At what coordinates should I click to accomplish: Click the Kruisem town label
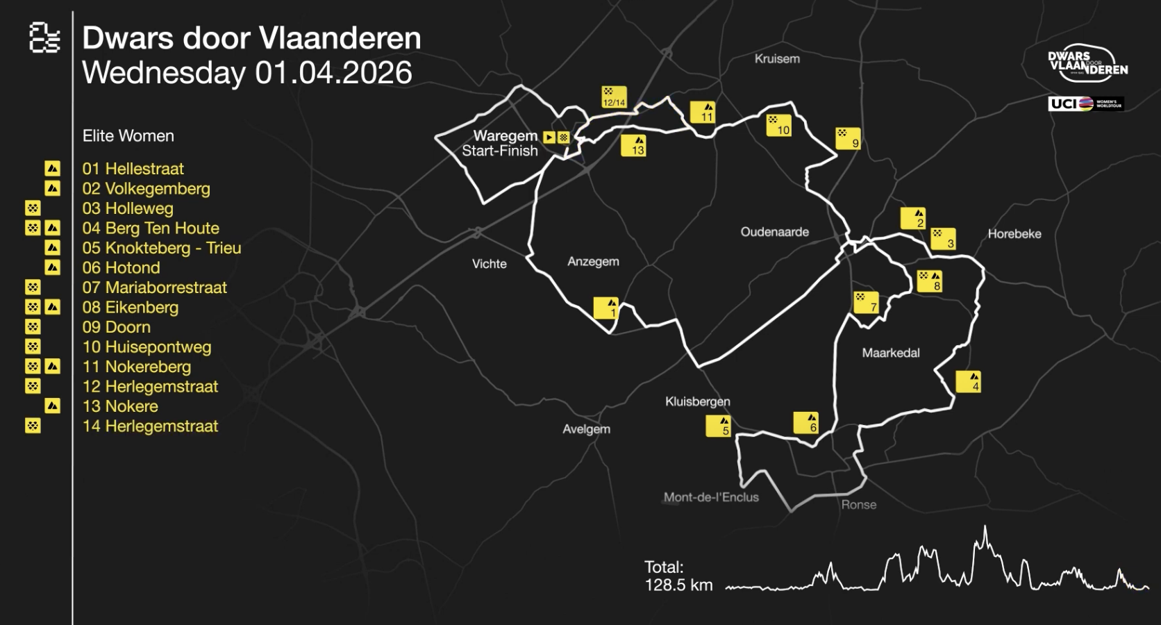pos(777,59)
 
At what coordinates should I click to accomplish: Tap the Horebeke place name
pos(1014,234)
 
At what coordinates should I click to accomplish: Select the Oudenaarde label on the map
pos(774,232)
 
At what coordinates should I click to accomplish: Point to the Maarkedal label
pos(890,353)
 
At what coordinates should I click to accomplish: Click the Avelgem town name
pos(586,429)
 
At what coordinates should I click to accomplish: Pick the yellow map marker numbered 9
pos(848,138)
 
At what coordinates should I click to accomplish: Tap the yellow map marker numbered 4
pos(968,381)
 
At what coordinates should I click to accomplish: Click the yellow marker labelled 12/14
pos(614,97)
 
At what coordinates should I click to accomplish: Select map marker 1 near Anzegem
pos(605,308)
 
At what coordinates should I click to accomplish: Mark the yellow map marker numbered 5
pos(718,426)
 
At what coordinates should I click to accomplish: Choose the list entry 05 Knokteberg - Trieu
pos(161,248)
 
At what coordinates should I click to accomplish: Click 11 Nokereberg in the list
pos(136,367)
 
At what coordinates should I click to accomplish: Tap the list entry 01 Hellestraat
pos(133,169)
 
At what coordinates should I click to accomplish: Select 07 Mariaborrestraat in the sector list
pos(154,287)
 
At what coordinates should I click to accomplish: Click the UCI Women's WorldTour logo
pos(1085,103)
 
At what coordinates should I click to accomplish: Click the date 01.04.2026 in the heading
pos(333,73)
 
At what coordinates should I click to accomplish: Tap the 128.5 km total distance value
pos(678,585)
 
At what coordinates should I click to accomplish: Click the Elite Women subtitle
pos(128,136)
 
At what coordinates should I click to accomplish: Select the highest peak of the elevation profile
pos(985,529)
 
